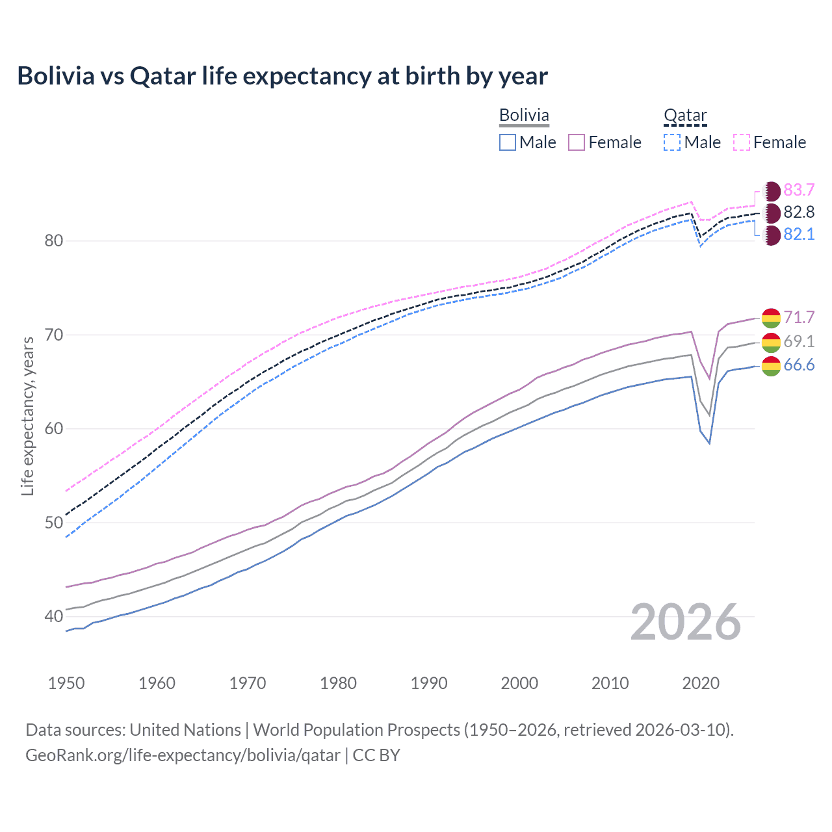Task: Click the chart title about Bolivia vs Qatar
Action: tap(283, 76)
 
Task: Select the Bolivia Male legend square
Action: tap(508, 142)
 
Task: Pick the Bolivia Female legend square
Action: tap(577, 142)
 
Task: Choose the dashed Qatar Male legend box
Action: tap(672, 142)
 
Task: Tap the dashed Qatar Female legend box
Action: tap(742, 142)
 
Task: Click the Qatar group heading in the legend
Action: tap(685, 116)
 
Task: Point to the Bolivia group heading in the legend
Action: tap(524, 116)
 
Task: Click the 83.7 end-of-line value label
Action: tap(799, 190)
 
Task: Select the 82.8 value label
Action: tap(799, 212)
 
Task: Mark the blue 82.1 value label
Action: tap(799, 234)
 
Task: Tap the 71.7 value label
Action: tap(799, 317)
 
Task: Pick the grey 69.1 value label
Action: tap(799, 341)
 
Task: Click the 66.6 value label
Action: tap(799, 365)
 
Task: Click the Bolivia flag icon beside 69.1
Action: tap(771, 342)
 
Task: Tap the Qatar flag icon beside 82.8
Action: tap(772, 213)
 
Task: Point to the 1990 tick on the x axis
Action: tap(429, 683)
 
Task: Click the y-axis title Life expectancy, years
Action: tap(27, 416)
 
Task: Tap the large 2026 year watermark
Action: tap(686, 622)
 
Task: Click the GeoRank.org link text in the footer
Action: tap(183, 755)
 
